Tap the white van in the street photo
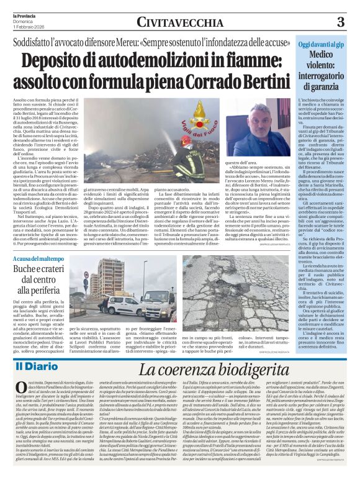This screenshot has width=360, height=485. point(120,306)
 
